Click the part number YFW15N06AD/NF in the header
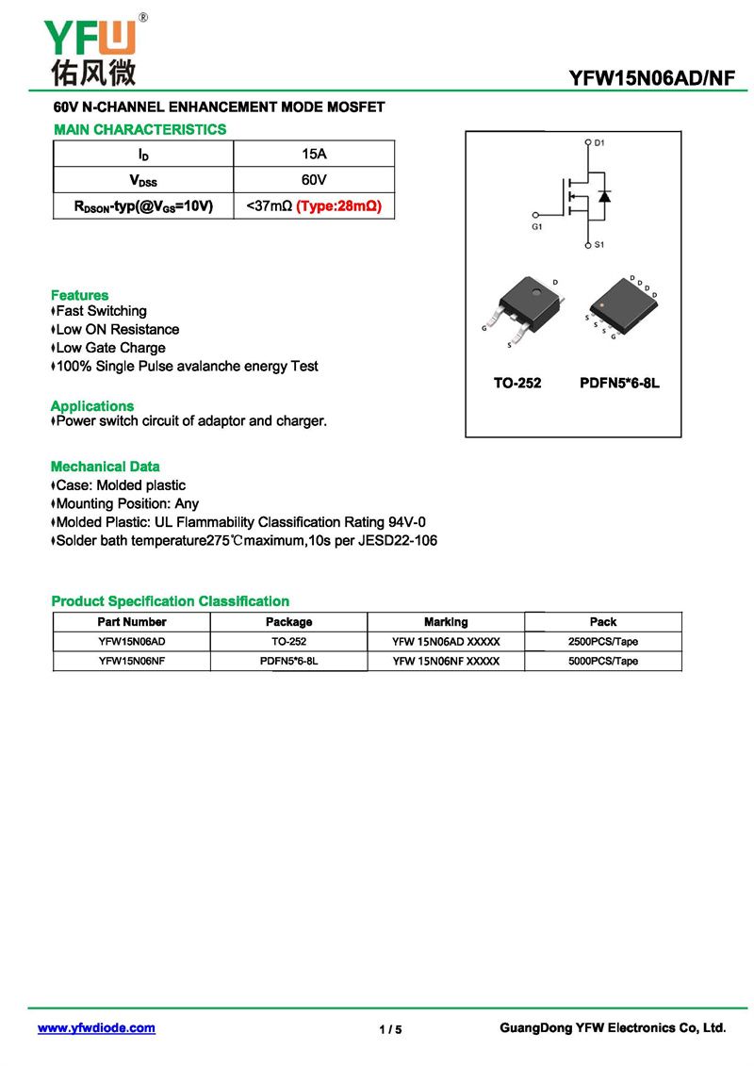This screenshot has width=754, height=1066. pos(651,78)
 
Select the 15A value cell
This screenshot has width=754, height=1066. pos(314,154)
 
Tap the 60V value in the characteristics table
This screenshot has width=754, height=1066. pos(314,179)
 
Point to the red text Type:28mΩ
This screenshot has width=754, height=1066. pos(338,205)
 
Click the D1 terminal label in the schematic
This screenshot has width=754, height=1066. pos(599,143)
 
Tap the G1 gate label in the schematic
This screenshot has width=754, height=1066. pos(537,227)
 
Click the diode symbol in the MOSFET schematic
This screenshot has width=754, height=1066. pos(604,196)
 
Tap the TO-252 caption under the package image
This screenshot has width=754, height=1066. pos(517,384)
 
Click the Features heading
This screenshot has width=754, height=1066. pos(80,295)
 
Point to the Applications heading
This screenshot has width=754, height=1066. pos(92,406)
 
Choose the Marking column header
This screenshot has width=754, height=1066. pos(446,622)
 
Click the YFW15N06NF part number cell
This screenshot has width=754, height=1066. pos(132,661)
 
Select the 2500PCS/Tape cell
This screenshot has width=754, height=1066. pos(603,642)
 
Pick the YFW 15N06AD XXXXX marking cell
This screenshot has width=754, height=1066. pos(446,642)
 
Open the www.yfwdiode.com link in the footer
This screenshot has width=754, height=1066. pos(96,1028)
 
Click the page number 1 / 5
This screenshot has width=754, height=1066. pos(390,1029)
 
